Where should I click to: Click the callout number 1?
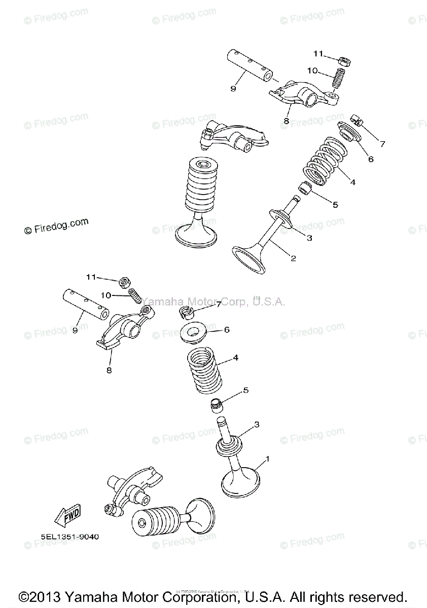(267, 459)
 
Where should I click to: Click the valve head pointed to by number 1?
(241, 483)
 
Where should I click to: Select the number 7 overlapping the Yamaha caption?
(219, 304)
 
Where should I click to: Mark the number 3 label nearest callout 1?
(257, 424)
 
